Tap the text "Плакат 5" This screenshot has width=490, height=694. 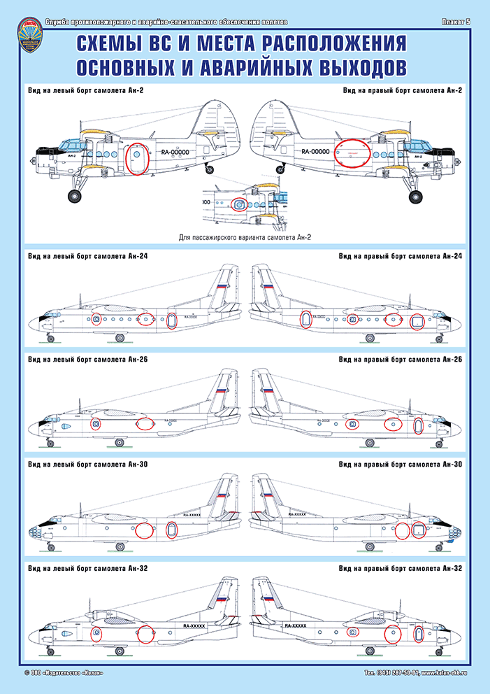coord(456,22)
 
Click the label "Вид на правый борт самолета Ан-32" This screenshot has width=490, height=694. coord(401,569)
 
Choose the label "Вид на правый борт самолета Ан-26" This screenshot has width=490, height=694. coord(401,360)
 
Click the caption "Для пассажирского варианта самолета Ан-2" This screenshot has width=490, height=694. coord(245,238)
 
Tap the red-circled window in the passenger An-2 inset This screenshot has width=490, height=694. coord(239,205)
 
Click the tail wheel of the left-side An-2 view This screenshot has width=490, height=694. coord(209,167)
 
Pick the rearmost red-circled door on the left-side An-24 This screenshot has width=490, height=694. coord(172,320)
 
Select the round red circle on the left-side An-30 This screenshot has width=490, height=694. coord(144,530)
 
